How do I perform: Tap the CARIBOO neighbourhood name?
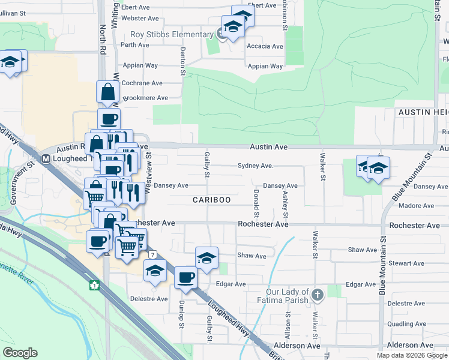pos(212,199)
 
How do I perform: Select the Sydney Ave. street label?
pos(256,166)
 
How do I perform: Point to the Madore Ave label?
pos(416,205)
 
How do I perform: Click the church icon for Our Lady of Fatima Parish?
pos(318,294)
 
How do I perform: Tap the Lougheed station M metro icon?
pos(46,159)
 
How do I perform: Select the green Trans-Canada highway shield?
pos(94,284)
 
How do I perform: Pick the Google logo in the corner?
pos(20,353)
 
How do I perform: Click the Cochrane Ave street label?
pos(142,83)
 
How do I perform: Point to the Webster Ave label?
pos(139,19)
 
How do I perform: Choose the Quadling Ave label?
pos(406,324)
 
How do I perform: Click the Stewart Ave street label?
pos(406,263)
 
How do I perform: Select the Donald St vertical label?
pos(256,204)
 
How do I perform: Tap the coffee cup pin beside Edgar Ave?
pos(185,278)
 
